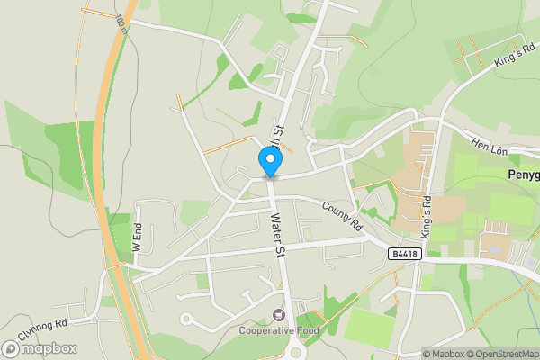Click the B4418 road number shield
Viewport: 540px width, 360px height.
coord(404,255)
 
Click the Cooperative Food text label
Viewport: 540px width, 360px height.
coord(280,330)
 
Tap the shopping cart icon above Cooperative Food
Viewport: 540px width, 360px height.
coord(279,315)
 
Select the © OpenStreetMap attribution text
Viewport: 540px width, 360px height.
coord(501,354)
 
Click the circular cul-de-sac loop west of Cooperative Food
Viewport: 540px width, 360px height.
coord(186,318)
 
